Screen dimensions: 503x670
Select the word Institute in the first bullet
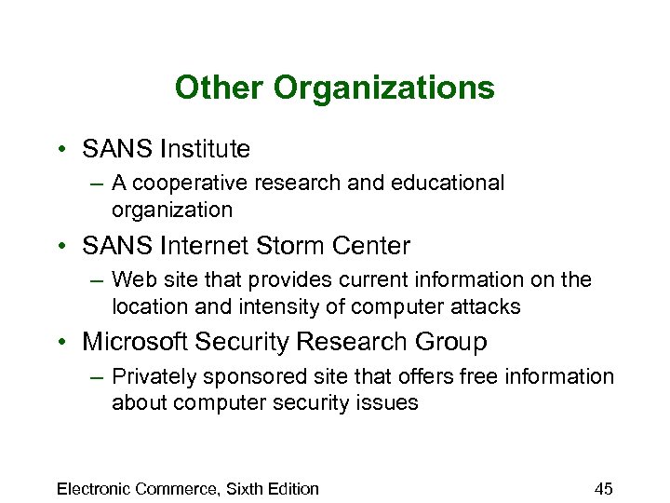click(206, 148)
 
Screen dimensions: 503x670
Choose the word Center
click(374, 246)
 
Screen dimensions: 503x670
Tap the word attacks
click(485, 306)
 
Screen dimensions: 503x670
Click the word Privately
click(151, 376)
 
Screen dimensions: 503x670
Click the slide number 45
click(603, 488)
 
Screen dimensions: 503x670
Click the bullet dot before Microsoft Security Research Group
click(60, 343)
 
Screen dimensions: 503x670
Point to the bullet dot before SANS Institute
click(60, 149)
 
